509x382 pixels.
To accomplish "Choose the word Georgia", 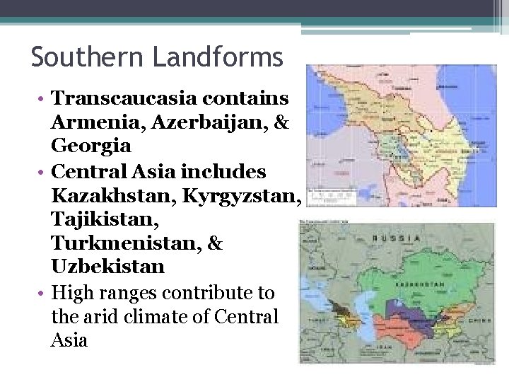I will [91, 146].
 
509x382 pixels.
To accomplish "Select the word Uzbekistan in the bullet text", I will [107, 267].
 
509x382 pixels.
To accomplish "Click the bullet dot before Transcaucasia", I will [43, 98].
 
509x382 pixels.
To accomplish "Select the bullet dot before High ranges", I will [43, 292].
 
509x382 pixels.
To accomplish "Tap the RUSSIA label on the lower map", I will [398, 238].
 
